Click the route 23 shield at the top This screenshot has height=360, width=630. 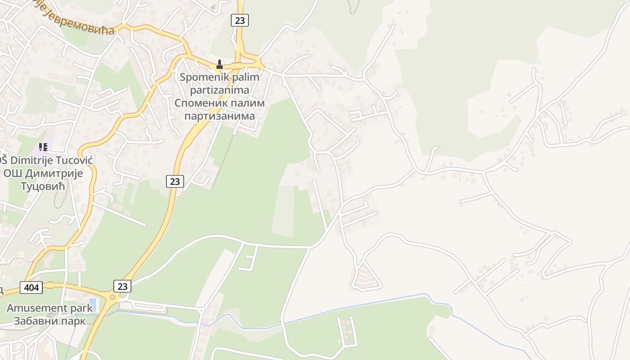(240, 20)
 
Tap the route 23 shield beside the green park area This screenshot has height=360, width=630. (175, 181)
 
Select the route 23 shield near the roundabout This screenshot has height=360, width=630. (122, 286)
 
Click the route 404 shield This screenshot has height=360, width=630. (31, 287)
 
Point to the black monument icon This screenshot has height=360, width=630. (220, 64)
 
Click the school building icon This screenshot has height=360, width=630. (43, 147)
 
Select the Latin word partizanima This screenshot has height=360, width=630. (220, 90)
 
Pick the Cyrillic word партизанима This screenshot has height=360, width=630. (220, 116)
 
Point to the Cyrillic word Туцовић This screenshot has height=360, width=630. (43, 186)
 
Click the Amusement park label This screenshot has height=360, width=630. (49, 308)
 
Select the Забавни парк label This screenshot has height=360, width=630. (49, 321)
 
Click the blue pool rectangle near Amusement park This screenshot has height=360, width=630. (93, 304)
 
